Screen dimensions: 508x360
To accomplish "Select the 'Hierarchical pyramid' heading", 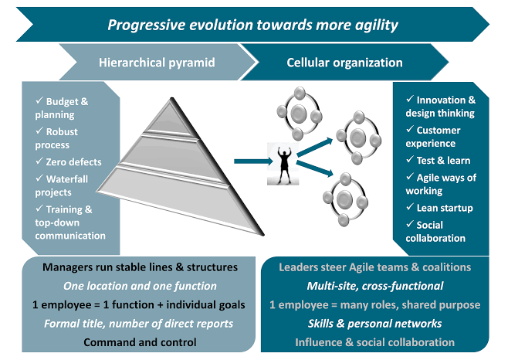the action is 157,63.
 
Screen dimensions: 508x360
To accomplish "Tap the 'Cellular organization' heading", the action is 344,63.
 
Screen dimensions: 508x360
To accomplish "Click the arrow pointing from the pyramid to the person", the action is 254,161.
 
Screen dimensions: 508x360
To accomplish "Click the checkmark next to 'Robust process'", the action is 39,131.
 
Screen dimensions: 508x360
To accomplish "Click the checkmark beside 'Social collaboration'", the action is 410,224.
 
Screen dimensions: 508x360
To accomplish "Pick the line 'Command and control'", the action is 140,342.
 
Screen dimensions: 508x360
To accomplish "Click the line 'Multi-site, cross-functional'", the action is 375,286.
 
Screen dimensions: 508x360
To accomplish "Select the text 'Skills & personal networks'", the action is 375,324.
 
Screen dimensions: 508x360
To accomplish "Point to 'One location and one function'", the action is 140,286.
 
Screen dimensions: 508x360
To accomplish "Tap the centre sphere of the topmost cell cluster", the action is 298,113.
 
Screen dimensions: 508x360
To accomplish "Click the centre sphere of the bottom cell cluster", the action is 344,199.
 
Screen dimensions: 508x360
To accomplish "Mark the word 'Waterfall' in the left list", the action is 67,179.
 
